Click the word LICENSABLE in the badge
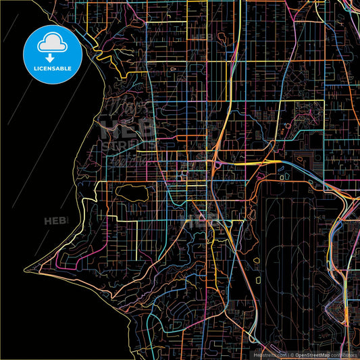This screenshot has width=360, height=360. [x=52, y=69]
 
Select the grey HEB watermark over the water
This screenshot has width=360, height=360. [x=55, y=221]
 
